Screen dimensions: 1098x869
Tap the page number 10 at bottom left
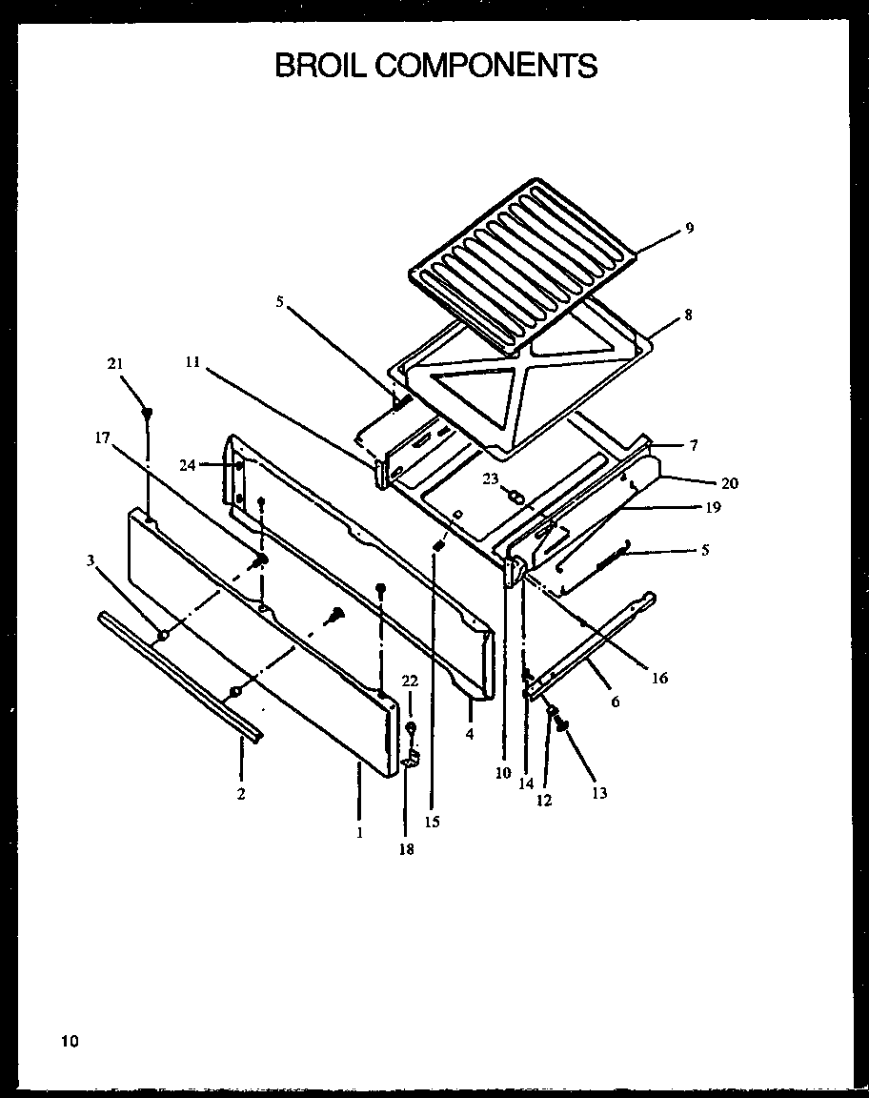click(x=71, y=1040)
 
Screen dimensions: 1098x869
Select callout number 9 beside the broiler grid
click(x=689, y=228)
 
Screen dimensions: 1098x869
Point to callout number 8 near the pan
click(x=688, y=315)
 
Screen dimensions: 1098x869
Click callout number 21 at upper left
click(x=115, y=363)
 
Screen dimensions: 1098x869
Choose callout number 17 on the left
click(x=102, y=437)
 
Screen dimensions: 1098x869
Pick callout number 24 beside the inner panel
click(x=187, y=465)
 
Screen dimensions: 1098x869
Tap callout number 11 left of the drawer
click(x=192, y=362)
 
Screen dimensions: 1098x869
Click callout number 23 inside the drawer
click(x=490, y=479)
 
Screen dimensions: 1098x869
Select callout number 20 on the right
click(x=729, y=483)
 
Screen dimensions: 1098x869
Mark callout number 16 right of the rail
click(x=659, y=679)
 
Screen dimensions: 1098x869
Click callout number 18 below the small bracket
click(x=407, y=849)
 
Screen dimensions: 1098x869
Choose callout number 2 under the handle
click(x=241, y=794)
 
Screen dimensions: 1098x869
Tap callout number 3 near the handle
click(x=91, y=560)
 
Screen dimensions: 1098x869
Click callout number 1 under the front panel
click(x=359, y=832)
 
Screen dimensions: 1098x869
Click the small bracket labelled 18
click(x=411, y=760)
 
